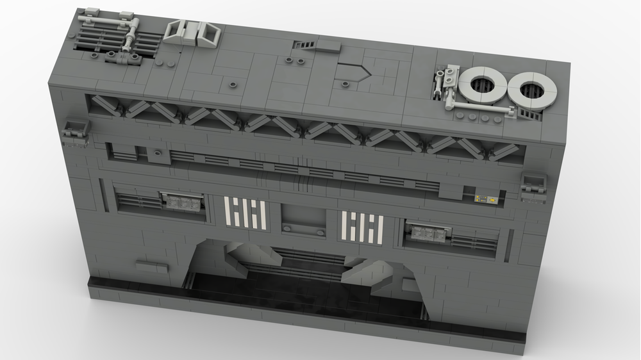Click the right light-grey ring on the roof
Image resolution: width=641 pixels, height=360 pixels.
click(532, 90)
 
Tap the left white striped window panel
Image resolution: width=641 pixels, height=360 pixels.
click(246, 213)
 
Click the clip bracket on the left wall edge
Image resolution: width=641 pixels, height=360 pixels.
click(74, 131)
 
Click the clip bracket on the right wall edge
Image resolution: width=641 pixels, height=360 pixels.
click(533, 185)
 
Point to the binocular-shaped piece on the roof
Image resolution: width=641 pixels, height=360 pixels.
click(192, 32)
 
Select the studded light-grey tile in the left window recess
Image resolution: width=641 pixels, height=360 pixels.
click(181, 201)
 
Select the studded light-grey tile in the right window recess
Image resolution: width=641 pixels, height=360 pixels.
click(428, 233)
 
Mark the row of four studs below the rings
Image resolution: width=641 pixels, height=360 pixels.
click(479, 117)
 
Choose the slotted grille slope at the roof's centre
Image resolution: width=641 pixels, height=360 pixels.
click(304, 45)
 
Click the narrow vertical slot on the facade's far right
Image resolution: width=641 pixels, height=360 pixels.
click(509, 245)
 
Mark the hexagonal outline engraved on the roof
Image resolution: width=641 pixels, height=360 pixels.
click(353, 72)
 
